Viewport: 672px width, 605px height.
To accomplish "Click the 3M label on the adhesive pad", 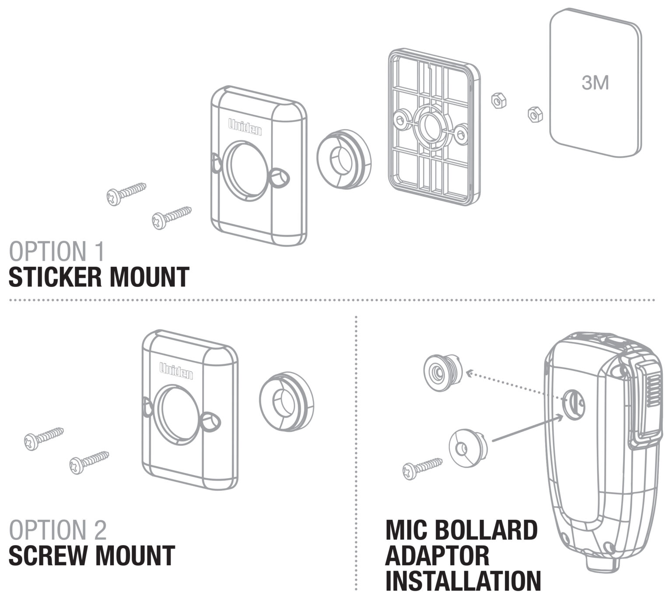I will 595,82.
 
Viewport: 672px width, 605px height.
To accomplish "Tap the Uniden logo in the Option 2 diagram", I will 176,371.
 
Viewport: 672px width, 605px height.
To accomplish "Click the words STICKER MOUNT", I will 99,277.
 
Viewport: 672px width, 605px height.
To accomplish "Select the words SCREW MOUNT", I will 92,556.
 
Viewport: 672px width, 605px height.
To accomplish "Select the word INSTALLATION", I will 463,581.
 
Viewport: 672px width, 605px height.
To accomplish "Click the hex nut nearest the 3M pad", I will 535,115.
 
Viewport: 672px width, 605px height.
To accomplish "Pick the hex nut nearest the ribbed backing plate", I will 499,101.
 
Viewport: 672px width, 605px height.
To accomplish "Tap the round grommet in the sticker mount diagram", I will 344,159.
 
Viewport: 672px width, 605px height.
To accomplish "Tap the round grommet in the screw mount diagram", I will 287,402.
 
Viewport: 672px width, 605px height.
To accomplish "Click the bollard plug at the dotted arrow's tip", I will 442,372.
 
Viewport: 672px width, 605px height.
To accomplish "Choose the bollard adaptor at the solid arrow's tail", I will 467,448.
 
